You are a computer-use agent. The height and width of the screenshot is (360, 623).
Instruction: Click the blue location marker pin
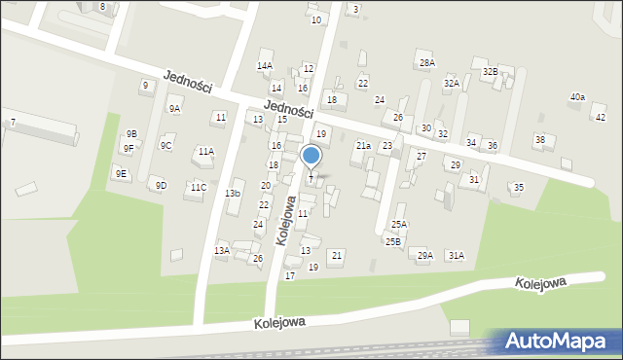point(311,157)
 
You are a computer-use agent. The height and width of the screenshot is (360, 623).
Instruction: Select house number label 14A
point(264,66)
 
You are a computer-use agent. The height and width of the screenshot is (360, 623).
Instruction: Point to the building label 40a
point(577,97)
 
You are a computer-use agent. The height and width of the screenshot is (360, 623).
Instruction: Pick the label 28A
point(426,62)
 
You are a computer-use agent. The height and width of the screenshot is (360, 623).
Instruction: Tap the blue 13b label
point(233,194)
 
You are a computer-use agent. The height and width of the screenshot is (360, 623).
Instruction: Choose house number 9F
point(128,149)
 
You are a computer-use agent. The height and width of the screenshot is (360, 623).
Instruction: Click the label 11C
point(198,187)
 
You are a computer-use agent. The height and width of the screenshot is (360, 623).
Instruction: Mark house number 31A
point(456,255)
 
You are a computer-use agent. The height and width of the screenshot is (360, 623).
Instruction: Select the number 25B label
point(392,241)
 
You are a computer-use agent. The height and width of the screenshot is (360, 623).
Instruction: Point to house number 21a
point(363,146)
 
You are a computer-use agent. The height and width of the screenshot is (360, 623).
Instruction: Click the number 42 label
point(600,117)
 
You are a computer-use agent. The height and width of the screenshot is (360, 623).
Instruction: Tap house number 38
point(539,140)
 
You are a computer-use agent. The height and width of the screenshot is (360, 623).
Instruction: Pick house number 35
point(519,187)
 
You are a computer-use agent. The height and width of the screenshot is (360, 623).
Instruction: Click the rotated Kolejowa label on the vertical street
point(287,221)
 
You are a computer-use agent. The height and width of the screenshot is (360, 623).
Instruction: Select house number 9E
point(121,174)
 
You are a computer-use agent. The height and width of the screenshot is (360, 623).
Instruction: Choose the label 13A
point(222,251)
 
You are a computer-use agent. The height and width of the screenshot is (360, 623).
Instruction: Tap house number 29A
point(424,255)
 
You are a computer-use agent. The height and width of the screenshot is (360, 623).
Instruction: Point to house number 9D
point(161,185)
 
